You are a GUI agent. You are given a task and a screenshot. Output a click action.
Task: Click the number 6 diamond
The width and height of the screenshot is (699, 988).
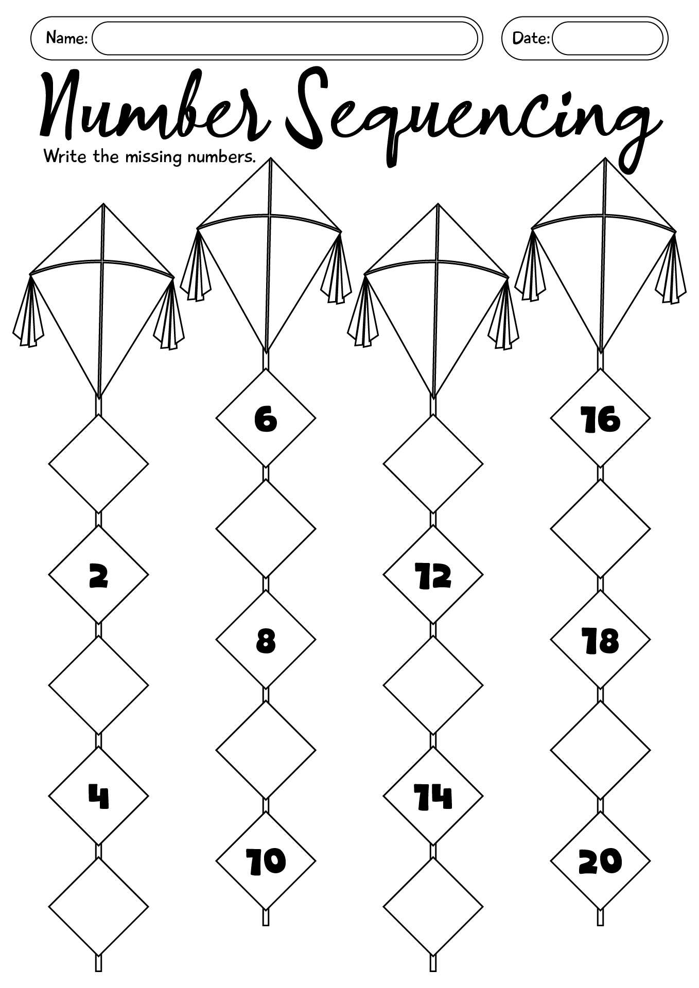point(266,419)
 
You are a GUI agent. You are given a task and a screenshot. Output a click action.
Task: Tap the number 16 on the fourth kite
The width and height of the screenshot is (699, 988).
point(600,419)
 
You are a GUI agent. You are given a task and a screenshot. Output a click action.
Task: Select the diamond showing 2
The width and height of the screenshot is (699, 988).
point(99,575)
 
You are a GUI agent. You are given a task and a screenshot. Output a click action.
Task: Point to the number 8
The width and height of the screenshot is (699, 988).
point(266,641)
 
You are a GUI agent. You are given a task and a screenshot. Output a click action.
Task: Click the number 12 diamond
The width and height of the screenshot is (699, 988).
point(433,575)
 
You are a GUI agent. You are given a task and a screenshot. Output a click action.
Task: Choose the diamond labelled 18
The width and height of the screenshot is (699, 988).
point(600,641)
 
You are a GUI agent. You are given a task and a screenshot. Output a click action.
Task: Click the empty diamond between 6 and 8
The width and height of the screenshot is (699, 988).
point(266,529)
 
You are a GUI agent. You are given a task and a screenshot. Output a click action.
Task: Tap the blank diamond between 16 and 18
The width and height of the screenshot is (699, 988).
point(600,529)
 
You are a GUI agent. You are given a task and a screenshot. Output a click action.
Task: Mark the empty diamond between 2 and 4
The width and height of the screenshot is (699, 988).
point(99,685)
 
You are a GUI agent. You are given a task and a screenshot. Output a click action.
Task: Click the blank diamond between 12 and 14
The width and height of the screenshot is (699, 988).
point(433,685)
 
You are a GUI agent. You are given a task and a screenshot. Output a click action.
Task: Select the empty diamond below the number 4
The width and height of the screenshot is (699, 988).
point(99,907)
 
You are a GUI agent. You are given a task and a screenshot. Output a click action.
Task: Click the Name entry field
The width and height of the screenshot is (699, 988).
point(285,39)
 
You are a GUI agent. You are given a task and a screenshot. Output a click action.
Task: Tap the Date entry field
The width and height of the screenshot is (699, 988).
point(607,39)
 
